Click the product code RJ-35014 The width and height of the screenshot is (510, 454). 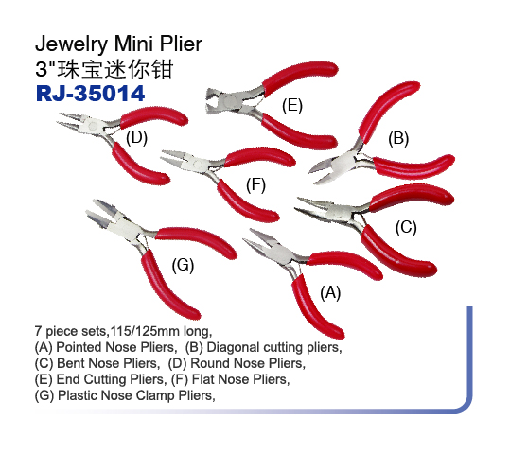90,94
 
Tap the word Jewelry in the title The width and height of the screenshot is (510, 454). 72,44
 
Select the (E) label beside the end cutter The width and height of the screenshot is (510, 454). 292,106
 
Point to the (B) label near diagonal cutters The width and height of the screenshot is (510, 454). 398,138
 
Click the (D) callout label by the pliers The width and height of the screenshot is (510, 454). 136,137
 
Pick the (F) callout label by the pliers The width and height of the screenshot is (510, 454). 255,185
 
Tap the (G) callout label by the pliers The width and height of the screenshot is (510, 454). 183,265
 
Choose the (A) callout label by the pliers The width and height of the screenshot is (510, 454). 330,292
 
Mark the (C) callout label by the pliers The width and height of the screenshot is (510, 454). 406,227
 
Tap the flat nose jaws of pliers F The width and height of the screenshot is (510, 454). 177,158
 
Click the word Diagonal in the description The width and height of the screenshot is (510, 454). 234,347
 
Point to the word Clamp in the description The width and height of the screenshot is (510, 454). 155,395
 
